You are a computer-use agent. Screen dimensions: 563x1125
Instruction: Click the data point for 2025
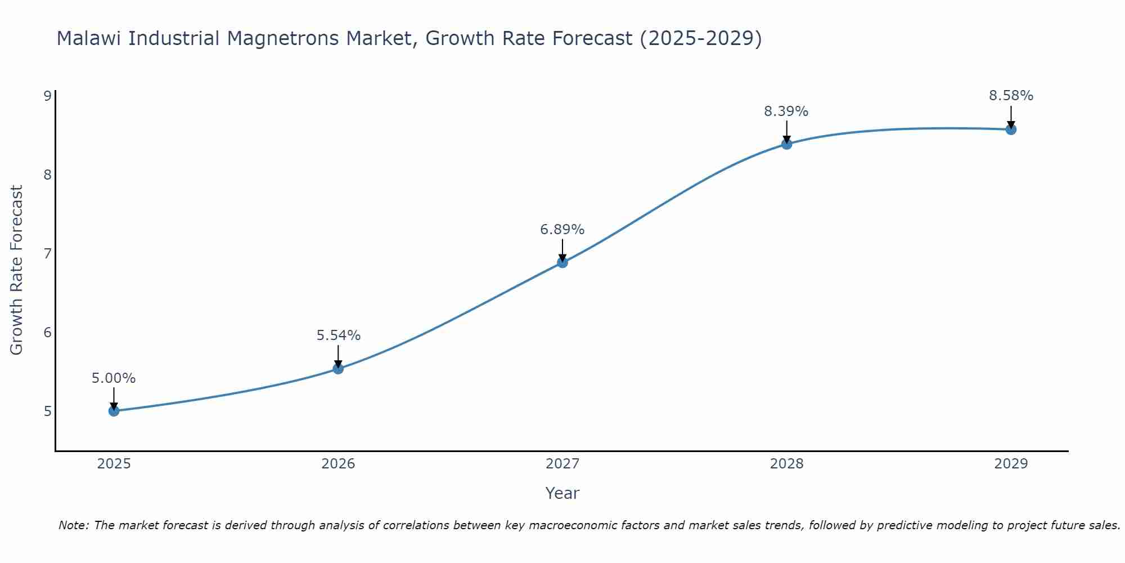pyautogui.click(x=114, y=411)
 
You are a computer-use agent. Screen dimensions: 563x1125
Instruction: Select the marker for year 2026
pyautogui.click(x=338, y=369)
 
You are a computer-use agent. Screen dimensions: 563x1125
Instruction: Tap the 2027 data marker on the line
pyautogui.click(x=562, y=262)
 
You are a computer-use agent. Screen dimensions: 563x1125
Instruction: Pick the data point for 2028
pyautogui.click(x=786, y=144)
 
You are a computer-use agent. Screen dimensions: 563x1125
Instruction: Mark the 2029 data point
pyautogui.click(x=1011, y=129)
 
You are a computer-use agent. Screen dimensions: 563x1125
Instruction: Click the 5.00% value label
pyautogui.click(x=114, y=378)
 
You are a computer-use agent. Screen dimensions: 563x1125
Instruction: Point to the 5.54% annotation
pyautogui.click(x=338, y=336)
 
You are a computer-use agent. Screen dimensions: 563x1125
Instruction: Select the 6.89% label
pyautogui.click(x=562, y=230)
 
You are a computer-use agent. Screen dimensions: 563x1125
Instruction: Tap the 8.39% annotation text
pyautogui.click(x=786, y=111)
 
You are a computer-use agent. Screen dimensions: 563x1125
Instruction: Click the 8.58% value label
pyautogui.click(x=1011, y=96)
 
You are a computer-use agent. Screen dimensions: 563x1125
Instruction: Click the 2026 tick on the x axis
pyautogui.click(x=338, y=464)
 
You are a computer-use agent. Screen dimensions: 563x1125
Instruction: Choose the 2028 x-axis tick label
pyautogui.click(x=786, y=464)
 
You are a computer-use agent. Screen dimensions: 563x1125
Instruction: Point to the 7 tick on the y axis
pyautogui.click(x=47, y=253)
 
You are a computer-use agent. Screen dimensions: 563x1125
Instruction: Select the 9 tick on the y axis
pyautogui.click(x=47, y=96)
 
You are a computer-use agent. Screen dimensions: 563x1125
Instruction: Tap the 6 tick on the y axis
pyautogui.click(x=47, y=332)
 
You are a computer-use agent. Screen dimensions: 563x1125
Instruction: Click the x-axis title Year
pyautogui.click(x=562, y=493)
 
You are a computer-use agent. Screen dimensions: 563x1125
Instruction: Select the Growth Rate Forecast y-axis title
pyautogui.click(x=17, y=270)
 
